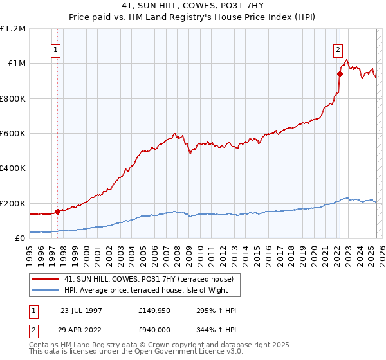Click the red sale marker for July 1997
click(57, 211)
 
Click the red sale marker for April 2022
click(340, 73)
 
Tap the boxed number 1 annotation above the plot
click(57, 50)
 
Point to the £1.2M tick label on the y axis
click(13, 29)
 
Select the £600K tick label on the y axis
click(13, 134)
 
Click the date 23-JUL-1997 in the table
click(81, 310)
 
